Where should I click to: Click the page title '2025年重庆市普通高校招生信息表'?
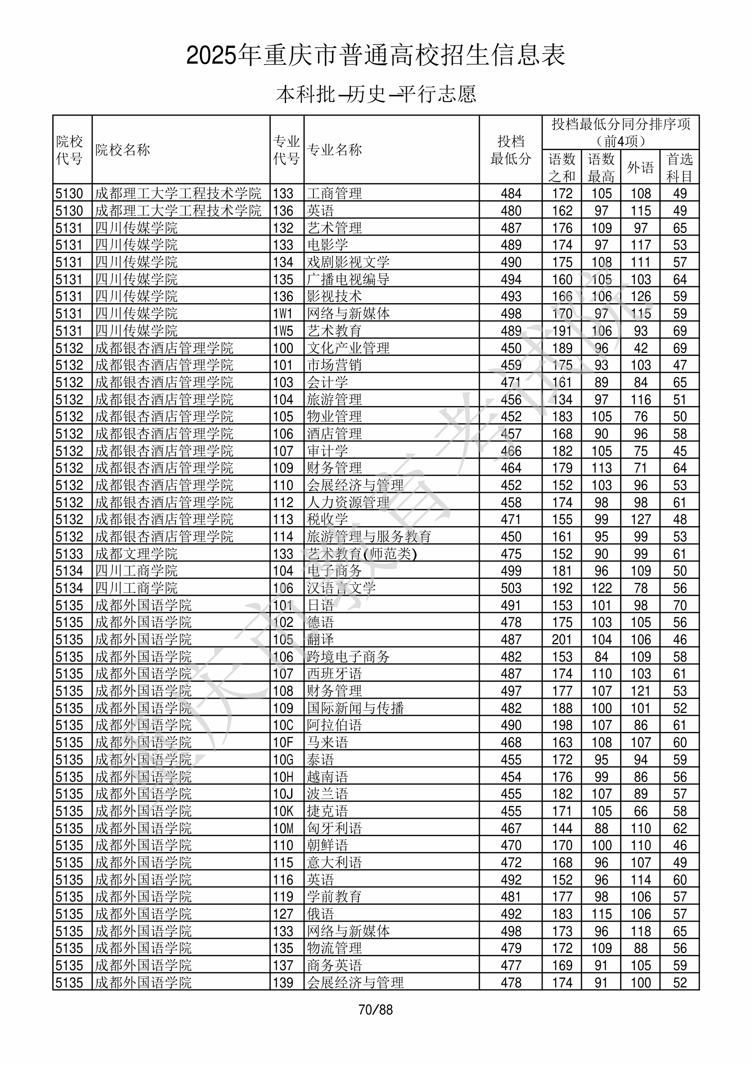pyautogui.click(x=375, y=56)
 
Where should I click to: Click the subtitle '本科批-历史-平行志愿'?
pyautogui.click(x=375, y=94)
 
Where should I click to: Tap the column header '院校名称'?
pyautogui.click(x=123, y=150)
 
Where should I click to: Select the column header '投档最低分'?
pyautogui.click(x=511, y=150)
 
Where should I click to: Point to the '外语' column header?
pyautogui.click(x=640, y=167)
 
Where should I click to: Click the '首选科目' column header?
pyautogui.click(x=679, y=167)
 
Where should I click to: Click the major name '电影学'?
pyautogui.click(x=327, y=245)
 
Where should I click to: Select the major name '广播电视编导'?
pyautogui.click(x=348, y=279)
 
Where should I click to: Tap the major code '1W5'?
pyautogui.click(x=283, y=331)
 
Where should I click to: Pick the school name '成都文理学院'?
pyautogui.click(x=136, y=554)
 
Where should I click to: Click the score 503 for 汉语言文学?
pyautogui.click(x=511, y=588)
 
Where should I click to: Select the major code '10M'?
pyautogui.click(x=283, y=828)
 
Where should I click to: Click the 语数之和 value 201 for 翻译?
pyautogui.click(x=562, y=640)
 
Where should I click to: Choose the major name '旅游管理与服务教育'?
pyautogui.click(x=369, y=537)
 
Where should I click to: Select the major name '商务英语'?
pyautogui.click(x=334, y=965)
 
